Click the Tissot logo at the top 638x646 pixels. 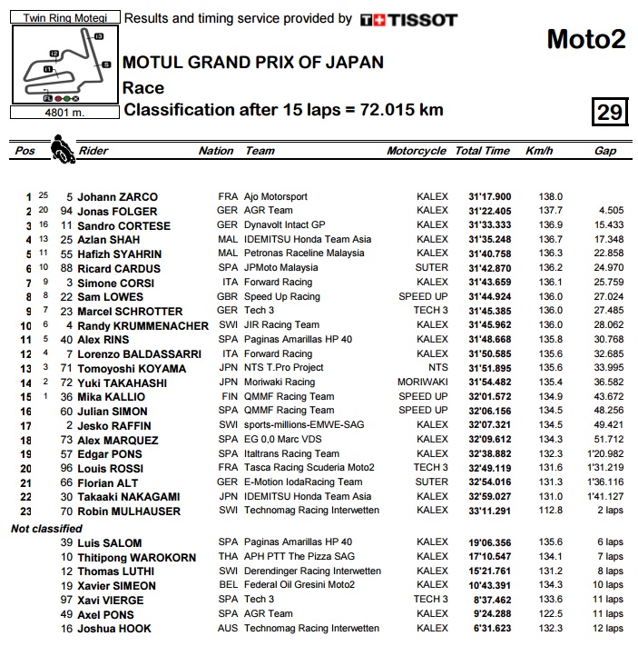(408, 19)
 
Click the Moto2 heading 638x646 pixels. (586, 39)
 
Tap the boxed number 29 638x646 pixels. (609, 112)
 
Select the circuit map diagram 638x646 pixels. (62, 65)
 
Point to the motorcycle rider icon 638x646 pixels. (62, 148)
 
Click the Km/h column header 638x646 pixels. (538, 151)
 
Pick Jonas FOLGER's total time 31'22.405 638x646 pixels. (489, 211)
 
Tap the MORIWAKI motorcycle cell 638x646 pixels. (423, 383)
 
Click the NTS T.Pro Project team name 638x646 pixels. (283, 368)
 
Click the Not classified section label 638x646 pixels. (46, 529)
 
